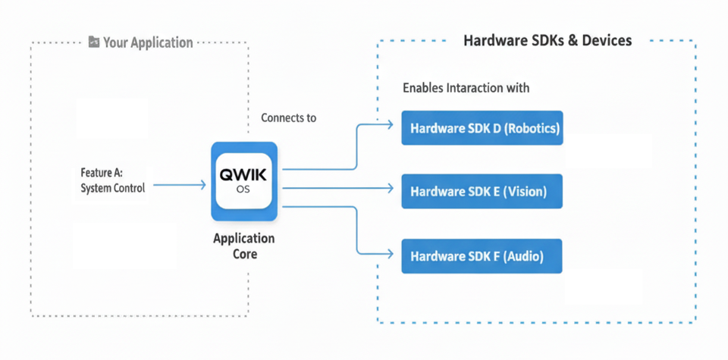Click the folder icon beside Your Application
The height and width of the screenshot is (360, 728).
point(93,42)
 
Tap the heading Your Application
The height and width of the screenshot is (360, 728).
point(148,42)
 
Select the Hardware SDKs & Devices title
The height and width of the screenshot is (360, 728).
point(548,40)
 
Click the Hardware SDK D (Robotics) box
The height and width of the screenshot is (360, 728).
point(482,128)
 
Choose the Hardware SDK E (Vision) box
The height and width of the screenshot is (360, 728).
point(482,191)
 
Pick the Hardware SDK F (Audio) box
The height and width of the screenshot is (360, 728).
point(482,255)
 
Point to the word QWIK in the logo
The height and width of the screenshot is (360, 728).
point(243,175)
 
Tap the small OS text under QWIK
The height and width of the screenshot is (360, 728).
point(243,190)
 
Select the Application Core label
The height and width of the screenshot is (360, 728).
point(243,246)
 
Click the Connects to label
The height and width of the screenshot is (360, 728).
point(288,117)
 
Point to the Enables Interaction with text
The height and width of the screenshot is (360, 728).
point(466,88)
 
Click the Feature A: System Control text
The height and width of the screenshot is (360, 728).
point(112,180)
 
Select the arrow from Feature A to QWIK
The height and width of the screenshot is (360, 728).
point(179,184)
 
